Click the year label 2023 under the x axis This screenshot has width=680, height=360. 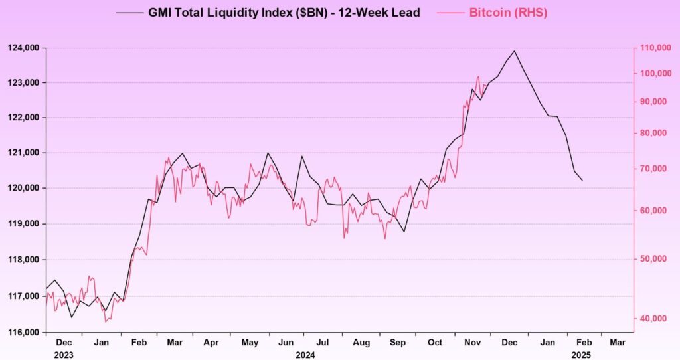64,354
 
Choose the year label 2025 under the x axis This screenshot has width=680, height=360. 581,354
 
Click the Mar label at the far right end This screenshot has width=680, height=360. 617,343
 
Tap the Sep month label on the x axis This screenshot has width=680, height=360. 397,343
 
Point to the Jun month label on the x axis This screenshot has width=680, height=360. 286,343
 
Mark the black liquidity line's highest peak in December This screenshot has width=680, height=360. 514,50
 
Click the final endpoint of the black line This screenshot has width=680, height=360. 582,181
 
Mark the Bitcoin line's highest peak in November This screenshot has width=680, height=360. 477,77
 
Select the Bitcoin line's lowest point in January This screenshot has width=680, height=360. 106,321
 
